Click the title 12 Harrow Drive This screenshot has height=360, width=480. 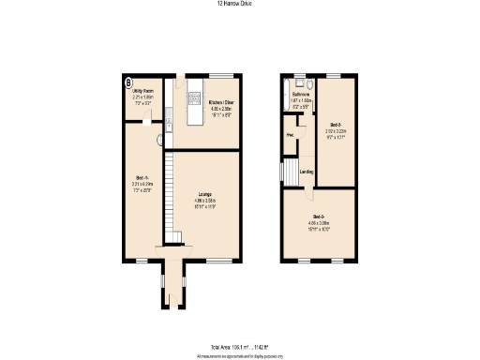239,4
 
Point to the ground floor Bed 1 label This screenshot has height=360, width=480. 142,185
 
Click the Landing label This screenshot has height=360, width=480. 306,172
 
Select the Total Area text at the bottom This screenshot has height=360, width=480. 239,346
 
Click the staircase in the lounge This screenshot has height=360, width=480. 171,197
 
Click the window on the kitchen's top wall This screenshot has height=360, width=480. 220,75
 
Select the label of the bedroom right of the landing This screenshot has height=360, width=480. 336,128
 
